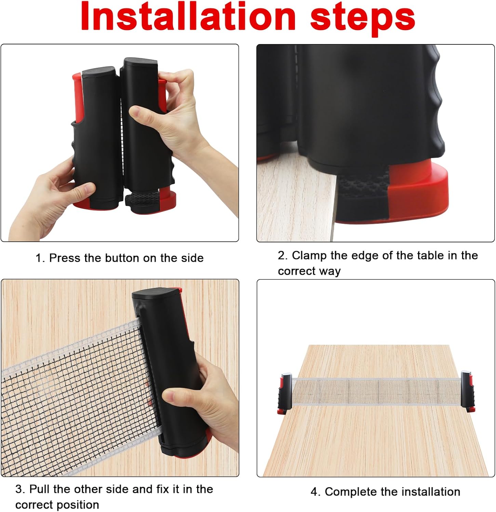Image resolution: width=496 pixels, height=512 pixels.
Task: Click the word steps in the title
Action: click(x=363, y=19)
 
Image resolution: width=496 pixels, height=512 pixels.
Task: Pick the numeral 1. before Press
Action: click(x=40, y=258)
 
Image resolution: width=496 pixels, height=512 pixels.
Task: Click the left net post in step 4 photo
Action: click(x=285, y=393)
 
